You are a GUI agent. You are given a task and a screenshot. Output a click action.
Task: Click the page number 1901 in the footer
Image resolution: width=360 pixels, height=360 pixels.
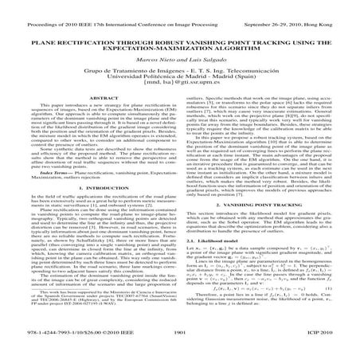pyautogui.click(x=180, y=348)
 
